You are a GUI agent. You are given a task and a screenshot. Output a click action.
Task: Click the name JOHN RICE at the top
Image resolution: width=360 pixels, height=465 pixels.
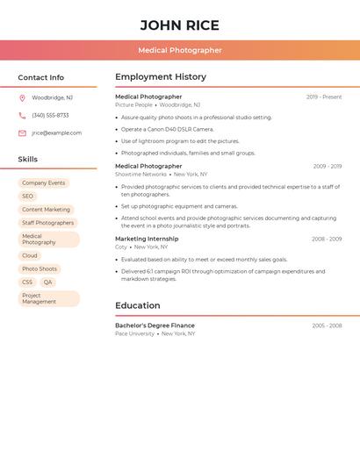pos(180,25)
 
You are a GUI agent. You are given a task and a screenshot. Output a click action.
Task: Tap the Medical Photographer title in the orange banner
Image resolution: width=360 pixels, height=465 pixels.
pos(180,51)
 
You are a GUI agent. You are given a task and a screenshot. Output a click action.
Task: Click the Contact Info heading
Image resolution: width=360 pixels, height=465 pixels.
pos(41,77)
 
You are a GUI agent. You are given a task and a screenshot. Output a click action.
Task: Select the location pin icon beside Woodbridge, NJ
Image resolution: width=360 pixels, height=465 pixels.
pos(22,98)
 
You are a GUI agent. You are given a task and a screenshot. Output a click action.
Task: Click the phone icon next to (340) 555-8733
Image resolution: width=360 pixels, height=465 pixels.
pos(22,116)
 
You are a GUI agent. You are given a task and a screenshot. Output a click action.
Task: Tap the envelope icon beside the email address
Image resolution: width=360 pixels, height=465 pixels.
pos(22,133)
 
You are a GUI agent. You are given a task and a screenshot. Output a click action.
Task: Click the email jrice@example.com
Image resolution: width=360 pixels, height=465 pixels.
pos(57,133)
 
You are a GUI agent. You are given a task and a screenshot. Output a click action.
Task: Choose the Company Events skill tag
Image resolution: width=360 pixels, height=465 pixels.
pos(44,183)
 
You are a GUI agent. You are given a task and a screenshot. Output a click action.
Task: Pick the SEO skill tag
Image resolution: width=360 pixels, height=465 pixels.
pos(28,197)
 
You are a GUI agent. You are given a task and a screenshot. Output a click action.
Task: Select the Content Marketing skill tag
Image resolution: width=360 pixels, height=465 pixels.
pos(46,210)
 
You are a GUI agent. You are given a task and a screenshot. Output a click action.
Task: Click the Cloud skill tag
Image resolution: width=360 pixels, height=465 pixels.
pos(30,256)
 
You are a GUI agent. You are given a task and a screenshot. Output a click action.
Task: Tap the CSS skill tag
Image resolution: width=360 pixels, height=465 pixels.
pos(27,283)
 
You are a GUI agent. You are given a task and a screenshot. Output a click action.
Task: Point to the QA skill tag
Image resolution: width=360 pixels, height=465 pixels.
pos(47,283)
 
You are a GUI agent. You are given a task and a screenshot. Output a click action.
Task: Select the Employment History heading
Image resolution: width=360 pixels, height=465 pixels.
pos(161,77)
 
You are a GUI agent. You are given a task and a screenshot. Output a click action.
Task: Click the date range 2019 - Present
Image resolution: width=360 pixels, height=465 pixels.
pos(324,97)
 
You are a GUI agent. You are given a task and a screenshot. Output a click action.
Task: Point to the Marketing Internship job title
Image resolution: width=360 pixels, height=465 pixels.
pos(147,239)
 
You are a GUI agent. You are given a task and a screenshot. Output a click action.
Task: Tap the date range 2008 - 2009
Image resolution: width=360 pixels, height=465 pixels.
pos(327,240)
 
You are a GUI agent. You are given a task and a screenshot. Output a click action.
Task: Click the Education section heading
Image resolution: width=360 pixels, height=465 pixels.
pos(138,305)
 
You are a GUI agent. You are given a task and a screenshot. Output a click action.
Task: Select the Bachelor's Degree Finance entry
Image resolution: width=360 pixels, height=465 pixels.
pos(155,325)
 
